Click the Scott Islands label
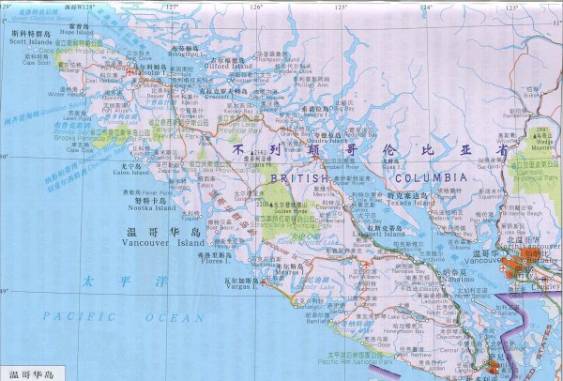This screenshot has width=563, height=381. pos(30,42)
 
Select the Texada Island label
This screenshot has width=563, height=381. pos(411,203)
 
